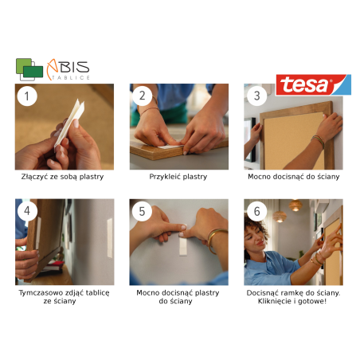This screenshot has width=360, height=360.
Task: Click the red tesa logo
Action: point(313,84)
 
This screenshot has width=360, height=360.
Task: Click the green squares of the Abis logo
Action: point(29,69)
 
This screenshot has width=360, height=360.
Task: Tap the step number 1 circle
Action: point(27,96)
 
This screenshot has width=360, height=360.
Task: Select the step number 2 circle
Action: point(142,96)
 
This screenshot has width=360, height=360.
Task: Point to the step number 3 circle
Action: point(256,96)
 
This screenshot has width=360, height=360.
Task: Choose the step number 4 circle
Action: point(27,211)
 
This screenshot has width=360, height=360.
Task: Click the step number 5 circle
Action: point(142,212)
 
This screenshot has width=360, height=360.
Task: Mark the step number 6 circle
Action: point(256,212)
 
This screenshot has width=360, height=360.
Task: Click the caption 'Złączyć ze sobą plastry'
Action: point(62,177)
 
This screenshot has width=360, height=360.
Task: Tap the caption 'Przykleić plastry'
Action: point(178,177)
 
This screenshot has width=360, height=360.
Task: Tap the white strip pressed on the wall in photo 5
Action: point(183,246)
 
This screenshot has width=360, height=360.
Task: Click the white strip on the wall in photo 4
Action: point(110,238)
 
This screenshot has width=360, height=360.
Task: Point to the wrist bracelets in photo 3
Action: point(319,141)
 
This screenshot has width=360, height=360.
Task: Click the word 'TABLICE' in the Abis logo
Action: point(71,77)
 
